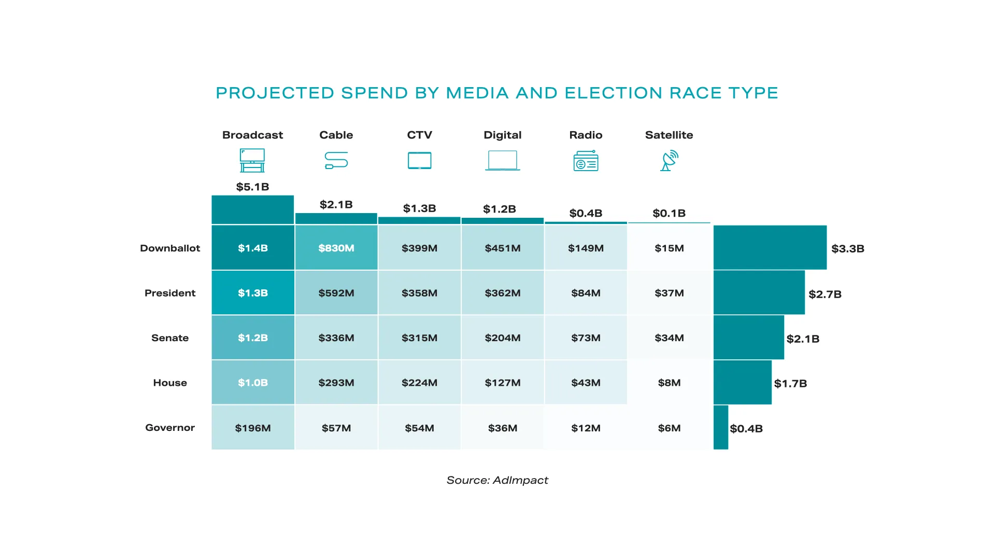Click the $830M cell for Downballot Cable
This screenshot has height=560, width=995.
pyautogui.click(x=336, y=248)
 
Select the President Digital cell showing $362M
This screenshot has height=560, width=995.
pyautogui.click(x=502, y=293)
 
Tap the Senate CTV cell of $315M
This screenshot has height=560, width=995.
pyautogui.click(x=419, y=338)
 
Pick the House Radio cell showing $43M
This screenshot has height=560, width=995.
pyautogui.click(x=586, y=383)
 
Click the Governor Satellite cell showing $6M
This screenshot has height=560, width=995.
pyautogui.click(x=669, y=428)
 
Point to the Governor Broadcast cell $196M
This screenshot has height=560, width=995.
pyautogui.click(x=253, y=428)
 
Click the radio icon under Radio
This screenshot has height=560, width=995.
pyautogui.click(x=586, y=161)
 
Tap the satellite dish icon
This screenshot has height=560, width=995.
pyautogui.click(x=669, y=161)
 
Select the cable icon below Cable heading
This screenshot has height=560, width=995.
pyautogui.click(x=336, y=160)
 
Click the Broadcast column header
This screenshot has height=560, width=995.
pyautogui.click(x=252, y=135)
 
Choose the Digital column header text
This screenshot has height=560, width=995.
pyautogui.click(x=502, y=135)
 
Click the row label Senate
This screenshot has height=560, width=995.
pyautogui.click(x=170, y=338)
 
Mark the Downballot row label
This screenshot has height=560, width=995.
pyautogui.click(x=170, y=248)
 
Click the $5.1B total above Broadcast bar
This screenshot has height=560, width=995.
pyautogui.click(x=252, y=187)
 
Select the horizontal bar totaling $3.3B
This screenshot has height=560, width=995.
pyautogui.click(x=770, y=247)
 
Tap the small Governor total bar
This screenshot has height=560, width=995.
pyautogui.click(x=721, y=427)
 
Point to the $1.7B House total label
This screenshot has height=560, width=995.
pyautogui.click(x=790, y=383)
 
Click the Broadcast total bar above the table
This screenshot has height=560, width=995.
pyautogui.click(x=252, y=209)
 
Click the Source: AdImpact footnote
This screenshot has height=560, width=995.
pyautogui.click(x=497, y=480)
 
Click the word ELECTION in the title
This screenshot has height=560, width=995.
pyautogui.click(x=613, y=93)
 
